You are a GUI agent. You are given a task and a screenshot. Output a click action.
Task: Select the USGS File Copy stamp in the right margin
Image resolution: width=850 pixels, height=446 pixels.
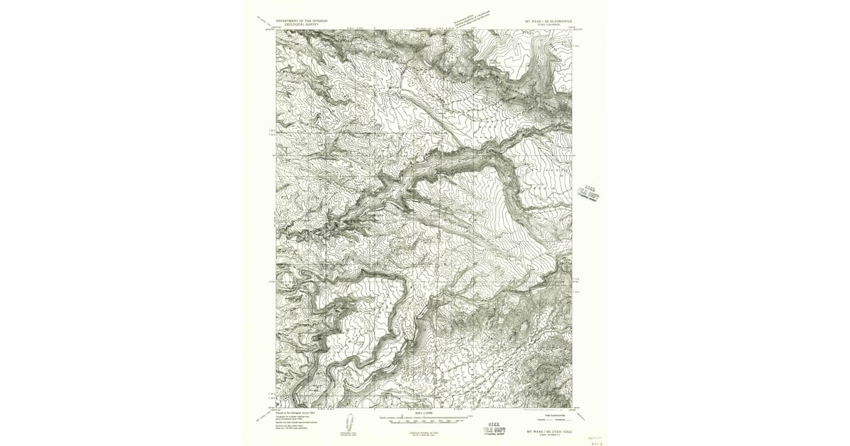click(588, 192)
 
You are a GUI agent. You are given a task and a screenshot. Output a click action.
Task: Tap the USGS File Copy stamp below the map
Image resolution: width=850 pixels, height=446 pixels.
click(494, 429)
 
